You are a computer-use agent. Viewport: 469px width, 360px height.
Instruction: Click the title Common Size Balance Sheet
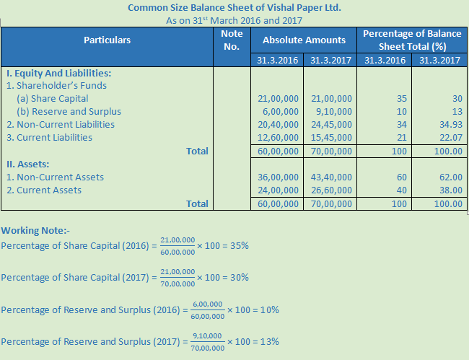click(x=234, y=8)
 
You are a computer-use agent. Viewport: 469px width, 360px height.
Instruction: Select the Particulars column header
click(x=108, y=40)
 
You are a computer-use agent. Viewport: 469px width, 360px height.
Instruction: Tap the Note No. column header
click(x=232, y=40)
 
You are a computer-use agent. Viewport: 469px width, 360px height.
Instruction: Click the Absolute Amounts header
click(x=304, y=40)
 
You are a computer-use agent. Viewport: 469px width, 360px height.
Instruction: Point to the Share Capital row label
click(x=53, y=98)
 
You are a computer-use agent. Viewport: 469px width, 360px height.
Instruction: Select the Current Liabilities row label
click(x=49, y=137)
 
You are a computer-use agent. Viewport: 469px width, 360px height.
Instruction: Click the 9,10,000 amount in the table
click(x=331, y=112)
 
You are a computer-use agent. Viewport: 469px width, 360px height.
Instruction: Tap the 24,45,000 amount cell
click(x=331, y=125)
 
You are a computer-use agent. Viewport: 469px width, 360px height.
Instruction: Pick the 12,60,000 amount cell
click(x=278, y=138)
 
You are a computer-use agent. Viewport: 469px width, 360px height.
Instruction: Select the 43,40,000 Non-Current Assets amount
click(x=331, y=177)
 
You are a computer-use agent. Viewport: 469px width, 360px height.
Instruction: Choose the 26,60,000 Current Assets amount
click(x=331, y=190)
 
